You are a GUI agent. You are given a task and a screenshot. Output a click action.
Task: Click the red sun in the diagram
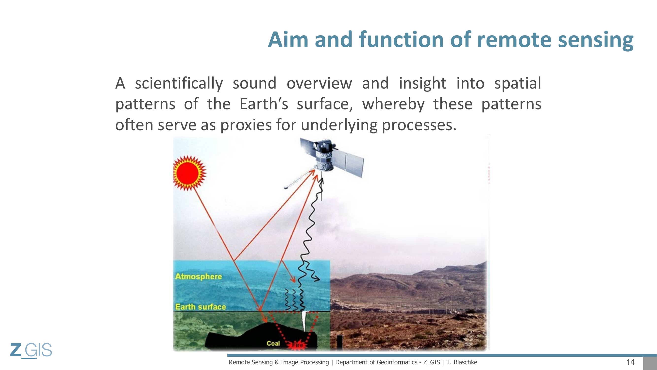point(189,173)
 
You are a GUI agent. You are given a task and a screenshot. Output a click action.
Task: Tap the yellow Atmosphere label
point(198,276)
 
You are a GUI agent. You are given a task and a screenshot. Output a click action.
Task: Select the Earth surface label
point(201,306)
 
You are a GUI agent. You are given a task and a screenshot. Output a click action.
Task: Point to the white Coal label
point(273,343)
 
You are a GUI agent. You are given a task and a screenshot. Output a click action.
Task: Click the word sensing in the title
point(595,40)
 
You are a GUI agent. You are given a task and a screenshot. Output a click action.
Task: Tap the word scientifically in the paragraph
point(179,84)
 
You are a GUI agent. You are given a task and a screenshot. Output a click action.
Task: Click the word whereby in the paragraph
point(393,105)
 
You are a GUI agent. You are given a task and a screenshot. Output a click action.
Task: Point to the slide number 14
point(630,362)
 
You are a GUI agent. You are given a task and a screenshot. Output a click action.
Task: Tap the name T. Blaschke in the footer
point(462,362)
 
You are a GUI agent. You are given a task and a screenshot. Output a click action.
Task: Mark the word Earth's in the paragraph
point(264,104)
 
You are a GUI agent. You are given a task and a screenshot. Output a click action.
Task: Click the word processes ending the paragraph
point(419,126)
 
